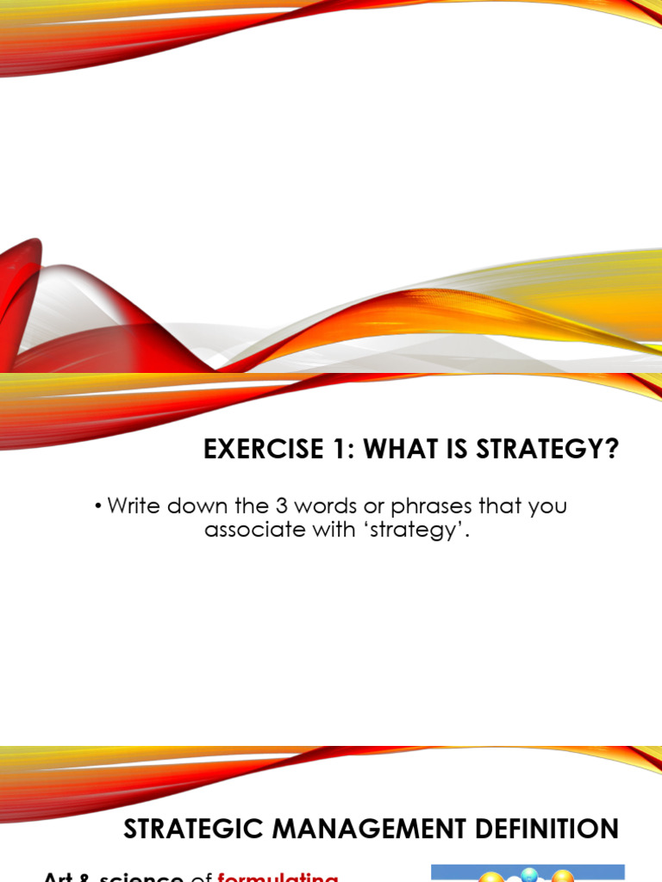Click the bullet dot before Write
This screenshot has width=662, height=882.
coord(99,506)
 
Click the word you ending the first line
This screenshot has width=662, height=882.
coord(547,506)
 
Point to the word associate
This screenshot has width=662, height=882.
coord(246,530)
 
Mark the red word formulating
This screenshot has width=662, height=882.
coord(277,877)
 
